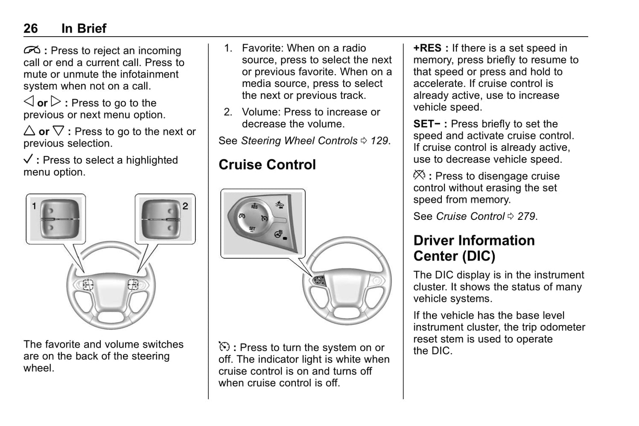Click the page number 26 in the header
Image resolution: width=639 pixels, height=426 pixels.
[31, 29]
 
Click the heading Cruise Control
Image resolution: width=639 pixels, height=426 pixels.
[267, 165]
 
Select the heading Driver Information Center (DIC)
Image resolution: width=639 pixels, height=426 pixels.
[474, 248]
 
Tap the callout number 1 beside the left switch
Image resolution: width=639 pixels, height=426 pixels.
[34, 206]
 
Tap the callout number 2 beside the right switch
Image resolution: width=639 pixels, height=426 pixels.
[185, 206]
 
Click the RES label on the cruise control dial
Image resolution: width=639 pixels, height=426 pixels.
[254, 206]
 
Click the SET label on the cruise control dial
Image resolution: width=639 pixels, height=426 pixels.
[252, 229]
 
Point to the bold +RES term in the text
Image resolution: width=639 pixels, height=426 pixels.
[427, 48]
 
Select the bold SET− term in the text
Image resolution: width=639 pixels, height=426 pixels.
[427, 124]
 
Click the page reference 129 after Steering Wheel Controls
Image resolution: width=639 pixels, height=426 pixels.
[379, 141]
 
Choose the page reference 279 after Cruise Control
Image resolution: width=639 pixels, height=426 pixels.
[526, 216]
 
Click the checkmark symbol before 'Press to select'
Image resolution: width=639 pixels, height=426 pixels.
[28, 160]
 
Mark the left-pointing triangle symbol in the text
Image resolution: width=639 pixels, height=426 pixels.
[29, 102]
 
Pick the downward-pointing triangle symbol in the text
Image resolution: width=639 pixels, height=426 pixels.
[58, 131]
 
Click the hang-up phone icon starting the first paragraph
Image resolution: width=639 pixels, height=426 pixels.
[32, 51]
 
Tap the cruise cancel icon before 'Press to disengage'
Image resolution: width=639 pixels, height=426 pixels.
[419, 176]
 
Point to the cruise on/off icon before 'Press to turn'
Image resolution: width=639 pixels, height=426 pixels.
[224, 347]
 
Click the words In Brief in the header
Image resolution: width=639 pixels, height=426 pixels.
[84, 29]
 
